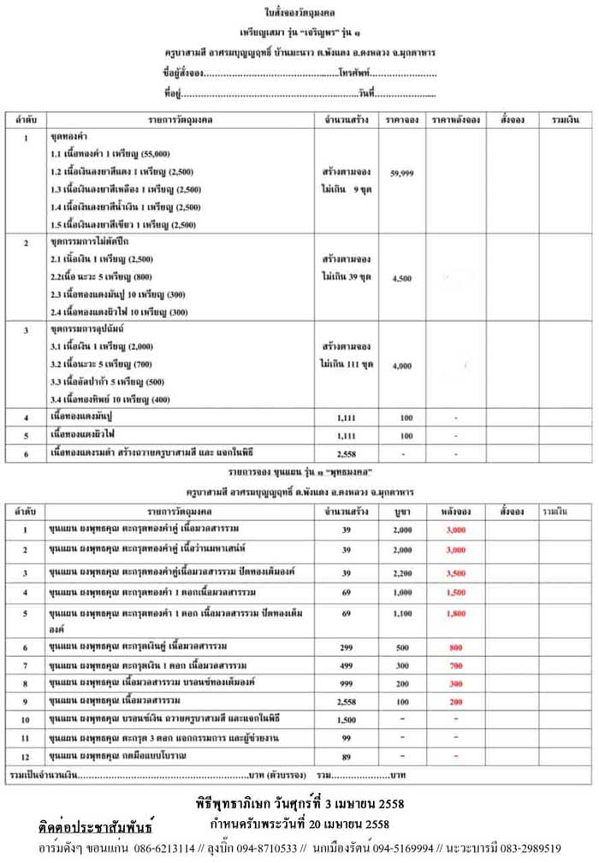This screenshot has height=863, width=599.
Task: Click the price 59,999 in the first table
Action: tap(401, 173)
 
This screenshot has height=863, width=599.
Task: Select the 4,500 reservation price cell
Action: tap(401, 278)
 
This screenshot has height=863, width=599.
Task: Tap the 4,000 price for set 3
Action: tap(401, 365)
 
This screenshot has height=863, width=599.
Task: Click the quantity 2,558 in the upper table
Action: tap(347, 453)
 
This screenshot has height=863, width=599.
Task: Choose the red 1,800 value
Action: tap(455, 613)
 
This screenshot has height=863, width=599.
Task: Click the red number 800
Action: tap(455, 647)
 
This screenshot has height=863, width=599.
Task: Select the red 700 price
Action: tap(455, 665)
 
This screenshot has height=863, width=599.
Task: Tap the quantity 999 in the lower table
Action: tap(347, 683)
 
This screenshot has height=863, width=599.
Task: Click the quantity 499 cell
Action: tap(347, 665)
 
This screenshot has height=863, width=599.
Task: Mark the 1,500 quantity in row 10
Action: tap(347, 719)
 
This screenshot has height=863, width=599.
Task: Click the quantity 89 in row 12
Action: tap(347, 756)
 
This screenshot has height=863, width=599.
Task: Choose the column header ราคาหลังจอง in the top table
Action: tap(455, 119)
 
